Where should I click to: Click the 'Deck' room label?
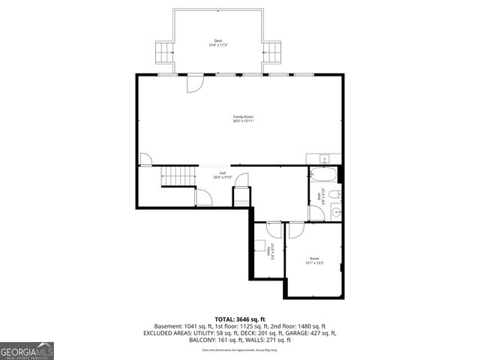pos(217,41)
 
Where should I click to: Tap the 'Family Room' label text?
pos(243,117)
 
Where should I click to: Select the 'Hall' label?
pos(223,173)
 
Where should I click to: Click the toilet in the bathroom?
pos(337,196)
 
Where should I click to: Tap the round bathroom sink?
pos(335,213)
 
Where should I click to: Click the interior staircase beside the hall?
pos(178,178)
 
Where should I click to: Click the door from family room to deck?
pos(194,82)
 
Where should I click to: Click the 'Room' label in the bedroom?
pos(314,259)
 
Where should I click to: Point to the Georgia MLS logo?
pos(27,350)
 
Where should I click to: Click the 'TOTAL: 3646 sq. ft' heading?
pos(240,319)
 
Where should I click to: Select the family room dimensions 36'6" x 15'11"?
pos(243,121)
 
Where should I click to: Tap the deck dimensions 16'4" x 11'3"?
pos(217,46)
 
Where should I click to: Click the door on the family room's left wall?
pos(146,160)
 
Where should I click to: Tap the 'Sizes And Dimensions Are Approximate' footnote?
pos(240,349)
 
